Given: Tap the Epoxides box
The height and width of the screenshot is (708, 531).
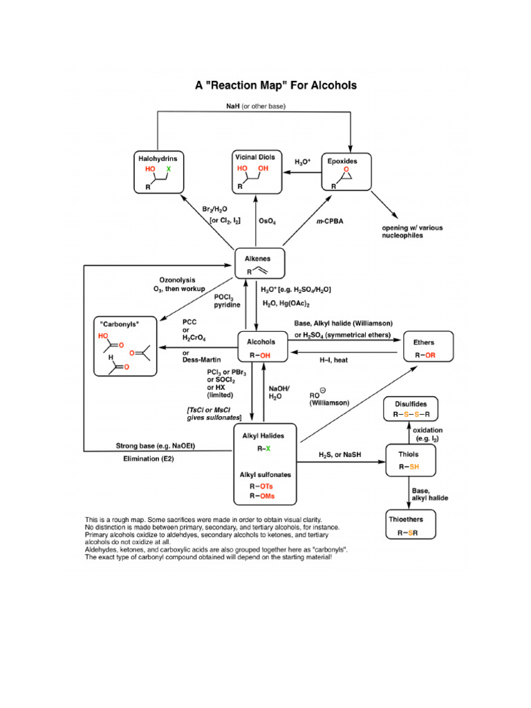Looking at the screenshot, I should click(x=348, y=172).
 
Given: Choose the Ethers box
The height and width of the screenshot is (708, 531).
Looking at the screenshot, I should click(x=425, y=348).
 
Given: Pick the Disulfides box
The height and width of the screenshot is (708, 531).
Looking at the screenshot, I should click(x=411, y=410).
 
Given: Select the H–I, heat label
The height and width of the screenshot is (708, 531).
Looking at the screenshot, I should click(x=333, y=360).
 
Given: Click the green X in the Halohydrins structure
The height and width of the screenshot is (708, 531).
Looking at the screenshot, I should click(x=167, y=169).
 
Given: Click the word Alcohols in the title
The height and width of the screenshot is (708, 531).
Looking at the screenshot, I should click(x=331, y=86).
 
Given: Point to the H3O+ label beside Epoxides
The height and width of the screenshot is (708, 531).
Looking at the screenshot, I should click(x=302, y=162).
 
